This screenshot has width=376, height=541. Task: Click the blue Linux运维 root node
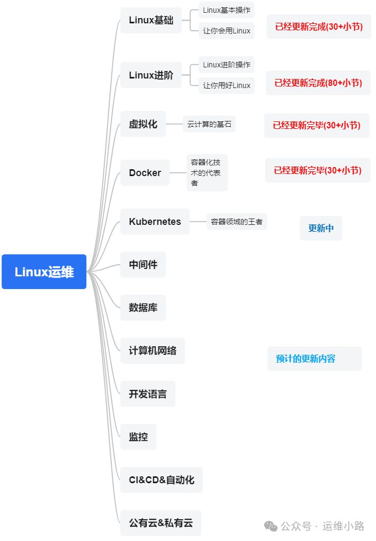coord(44,272)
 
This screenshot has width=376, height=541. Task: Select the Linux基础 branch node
coord(151,20)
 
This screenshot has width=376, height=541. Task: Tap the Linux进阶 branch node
coord(151,75)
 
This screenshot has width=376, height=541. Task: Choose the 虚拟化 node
coord(143,124)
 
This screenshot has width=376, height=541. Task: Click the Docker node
coord(145,173)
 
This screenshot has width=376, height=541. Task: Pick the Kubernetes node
coord(155,222)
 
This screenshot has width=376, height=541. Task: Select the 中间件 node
coord(143,264)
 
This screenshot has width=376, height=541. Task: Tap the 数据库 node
coord(143,308)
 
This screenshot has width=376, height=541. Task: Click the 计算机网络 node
coord(153,351)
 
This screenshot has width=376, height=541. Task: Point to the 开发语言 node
coord(148,394)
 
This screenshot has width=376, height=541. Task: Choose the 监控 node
coord(138,437)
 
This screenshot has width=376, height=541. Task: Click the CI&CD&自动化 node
coord(162,480)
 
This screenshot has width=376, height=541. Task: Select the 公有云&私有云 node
coord(161,523)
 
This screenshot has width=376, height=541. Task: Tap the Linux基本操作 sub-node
coord(227,10)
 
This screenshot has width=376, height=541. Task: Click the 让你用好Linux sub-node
coord(227,85)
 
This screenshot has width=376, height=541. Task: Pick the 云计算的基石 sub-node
coord(209,125)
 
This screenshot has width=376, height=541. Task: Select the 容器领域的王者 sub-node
coord(237,222)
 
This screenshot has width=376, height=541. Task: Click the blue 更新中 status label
coord(321,228)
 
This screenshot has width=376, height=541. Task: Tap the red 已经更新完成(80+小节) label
coord(318,83)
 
